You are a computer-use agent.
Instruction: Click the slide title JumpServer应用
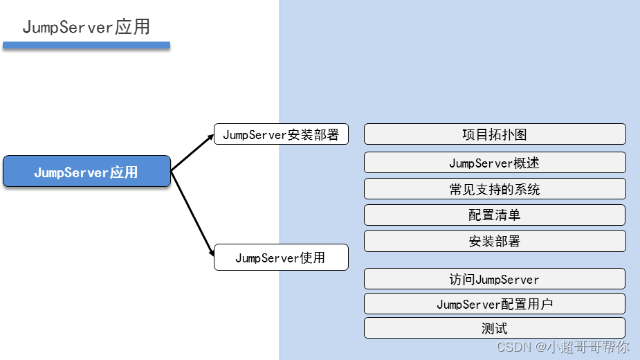click(x=86, y=27)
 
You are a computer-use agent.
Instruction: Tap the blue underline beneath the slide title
click(x=86, y=46)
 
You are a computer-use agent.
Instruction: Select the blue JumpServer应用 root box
click(x=86, y=172)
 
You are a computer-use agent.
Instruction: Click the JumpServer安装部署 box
click(x=281, y=134)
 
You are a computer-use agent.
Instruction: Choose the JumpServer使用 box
click(x=281, y=258)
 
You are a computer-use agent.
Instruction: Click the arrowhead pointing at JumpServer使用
click(x=211, y=253)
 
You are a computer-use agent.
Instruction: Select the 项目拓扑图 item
click(x=495, y=134)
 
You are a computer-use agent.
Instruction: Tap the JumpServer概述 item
click(x=495, y=163)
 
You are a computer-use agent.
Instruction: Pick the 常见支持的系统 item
click(x=495, y=189)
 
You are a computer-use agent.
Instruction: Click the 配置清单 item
click(x=495, y=215)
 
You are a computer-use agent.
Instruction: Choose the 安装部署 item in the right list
click(x=495, y=241)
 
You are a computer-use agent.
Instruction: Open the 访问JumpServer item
click(x=495, y=279)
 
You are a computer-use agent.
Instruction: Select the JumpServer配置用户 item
click(x=495, y=304)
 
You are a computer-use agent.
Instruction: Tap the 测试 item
click(x=495, y=328)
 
